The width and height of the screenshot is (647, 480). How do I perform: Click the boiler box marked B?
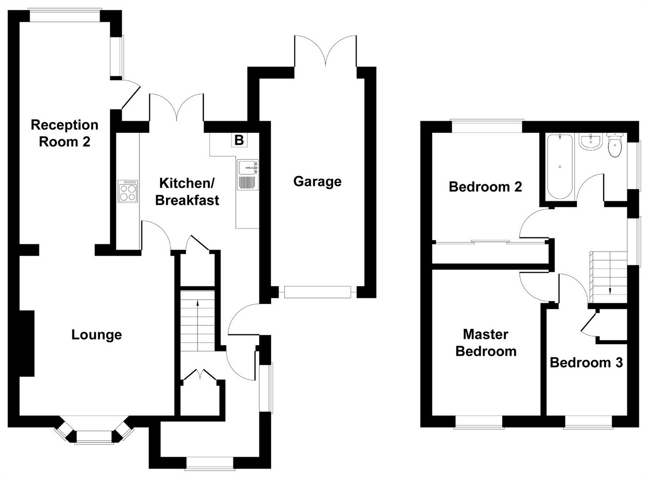239,140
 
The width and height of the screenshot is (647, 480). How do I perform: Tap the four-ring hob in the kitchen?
127,192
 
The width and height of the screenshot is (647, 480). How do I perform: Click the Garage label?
317,181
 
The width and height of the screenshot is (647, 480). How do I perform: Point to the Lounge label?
96,335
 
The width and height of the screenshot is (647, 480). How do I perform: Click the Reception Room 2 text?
64,133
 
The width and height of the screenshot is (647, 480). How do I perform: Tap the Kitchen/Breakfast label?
187,192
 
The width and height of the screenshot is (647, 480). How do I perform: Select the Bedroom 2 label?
485,187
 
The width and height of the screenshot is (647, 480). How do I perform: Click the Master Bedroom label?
485,343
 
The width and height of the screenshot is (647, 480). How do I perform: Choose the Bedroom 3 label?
586,362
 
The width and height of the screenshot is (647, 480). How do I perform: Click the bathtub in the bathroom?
559,167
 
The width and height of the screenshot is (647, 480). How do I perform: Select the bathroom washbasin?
590,142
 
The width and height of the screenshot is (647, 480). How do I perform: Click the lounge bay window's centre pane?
94,436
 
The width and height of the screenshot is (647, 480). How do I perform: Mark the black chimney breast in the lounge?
26,343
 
